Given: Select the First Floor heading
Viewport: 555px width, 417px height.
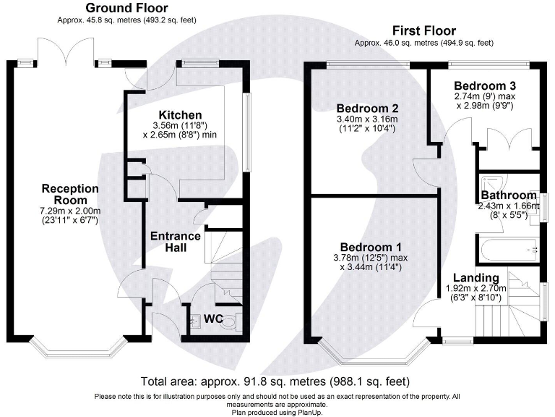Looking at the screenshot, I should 423,30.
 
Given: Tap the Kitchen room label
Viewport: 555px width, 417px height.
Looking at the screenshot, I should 180,115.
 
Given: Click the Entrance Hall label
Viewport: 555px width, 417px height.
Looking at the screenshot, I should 175,242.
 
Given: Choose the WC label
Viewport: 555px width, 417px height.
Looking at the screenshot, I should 212,319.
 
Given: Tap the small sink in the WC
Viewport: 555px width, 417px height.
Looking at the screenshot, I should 194,321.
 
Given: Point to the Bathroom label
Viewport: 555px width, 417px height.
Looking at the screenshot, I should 510,195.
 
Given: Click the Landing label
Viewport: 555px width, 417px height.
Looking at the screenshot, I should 476,278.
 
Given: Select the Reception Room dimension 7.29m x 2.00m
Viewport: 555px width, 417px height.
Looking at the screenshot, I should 70,210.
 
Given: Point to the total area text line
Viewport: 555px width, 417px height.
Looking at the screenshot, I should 277,381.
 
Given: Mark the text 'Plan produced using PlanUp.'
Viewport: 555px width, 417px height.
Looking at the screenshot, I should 277,412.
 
